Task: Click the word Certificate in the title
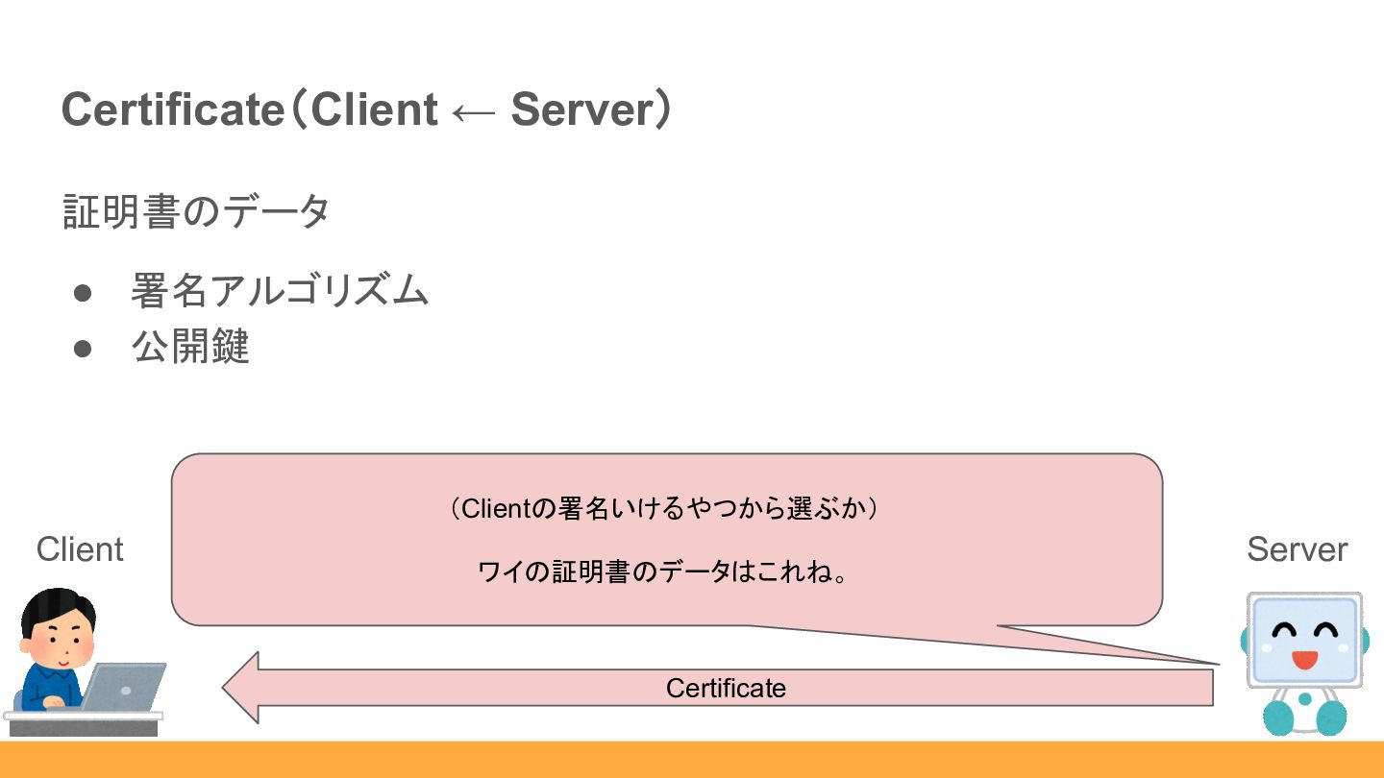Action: coord(170,109)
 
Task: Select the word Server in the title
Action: coord(581,109)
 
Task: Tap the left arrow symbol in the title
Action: coord(473,112)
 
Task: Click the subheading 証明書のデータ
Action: coord(196,211)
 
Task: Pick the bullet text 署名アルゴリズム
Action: coord(280,290)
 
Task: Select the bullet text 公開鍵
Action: coord(190,347)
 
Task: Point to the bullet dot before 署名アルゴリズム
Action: coord(83,292)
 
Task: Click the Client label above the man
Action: coord(80,549)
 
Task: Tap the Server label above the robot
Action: coord(1297,549)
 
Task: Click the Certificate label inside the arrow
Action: coord(726,688)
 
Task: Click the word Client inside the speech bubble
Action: coord(496,508)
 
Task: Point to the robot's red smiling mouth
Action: coord(1304,660)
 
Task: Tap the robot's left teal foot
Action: coord(1279,717)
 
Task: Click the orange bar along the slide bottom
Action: coord(692,760)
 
